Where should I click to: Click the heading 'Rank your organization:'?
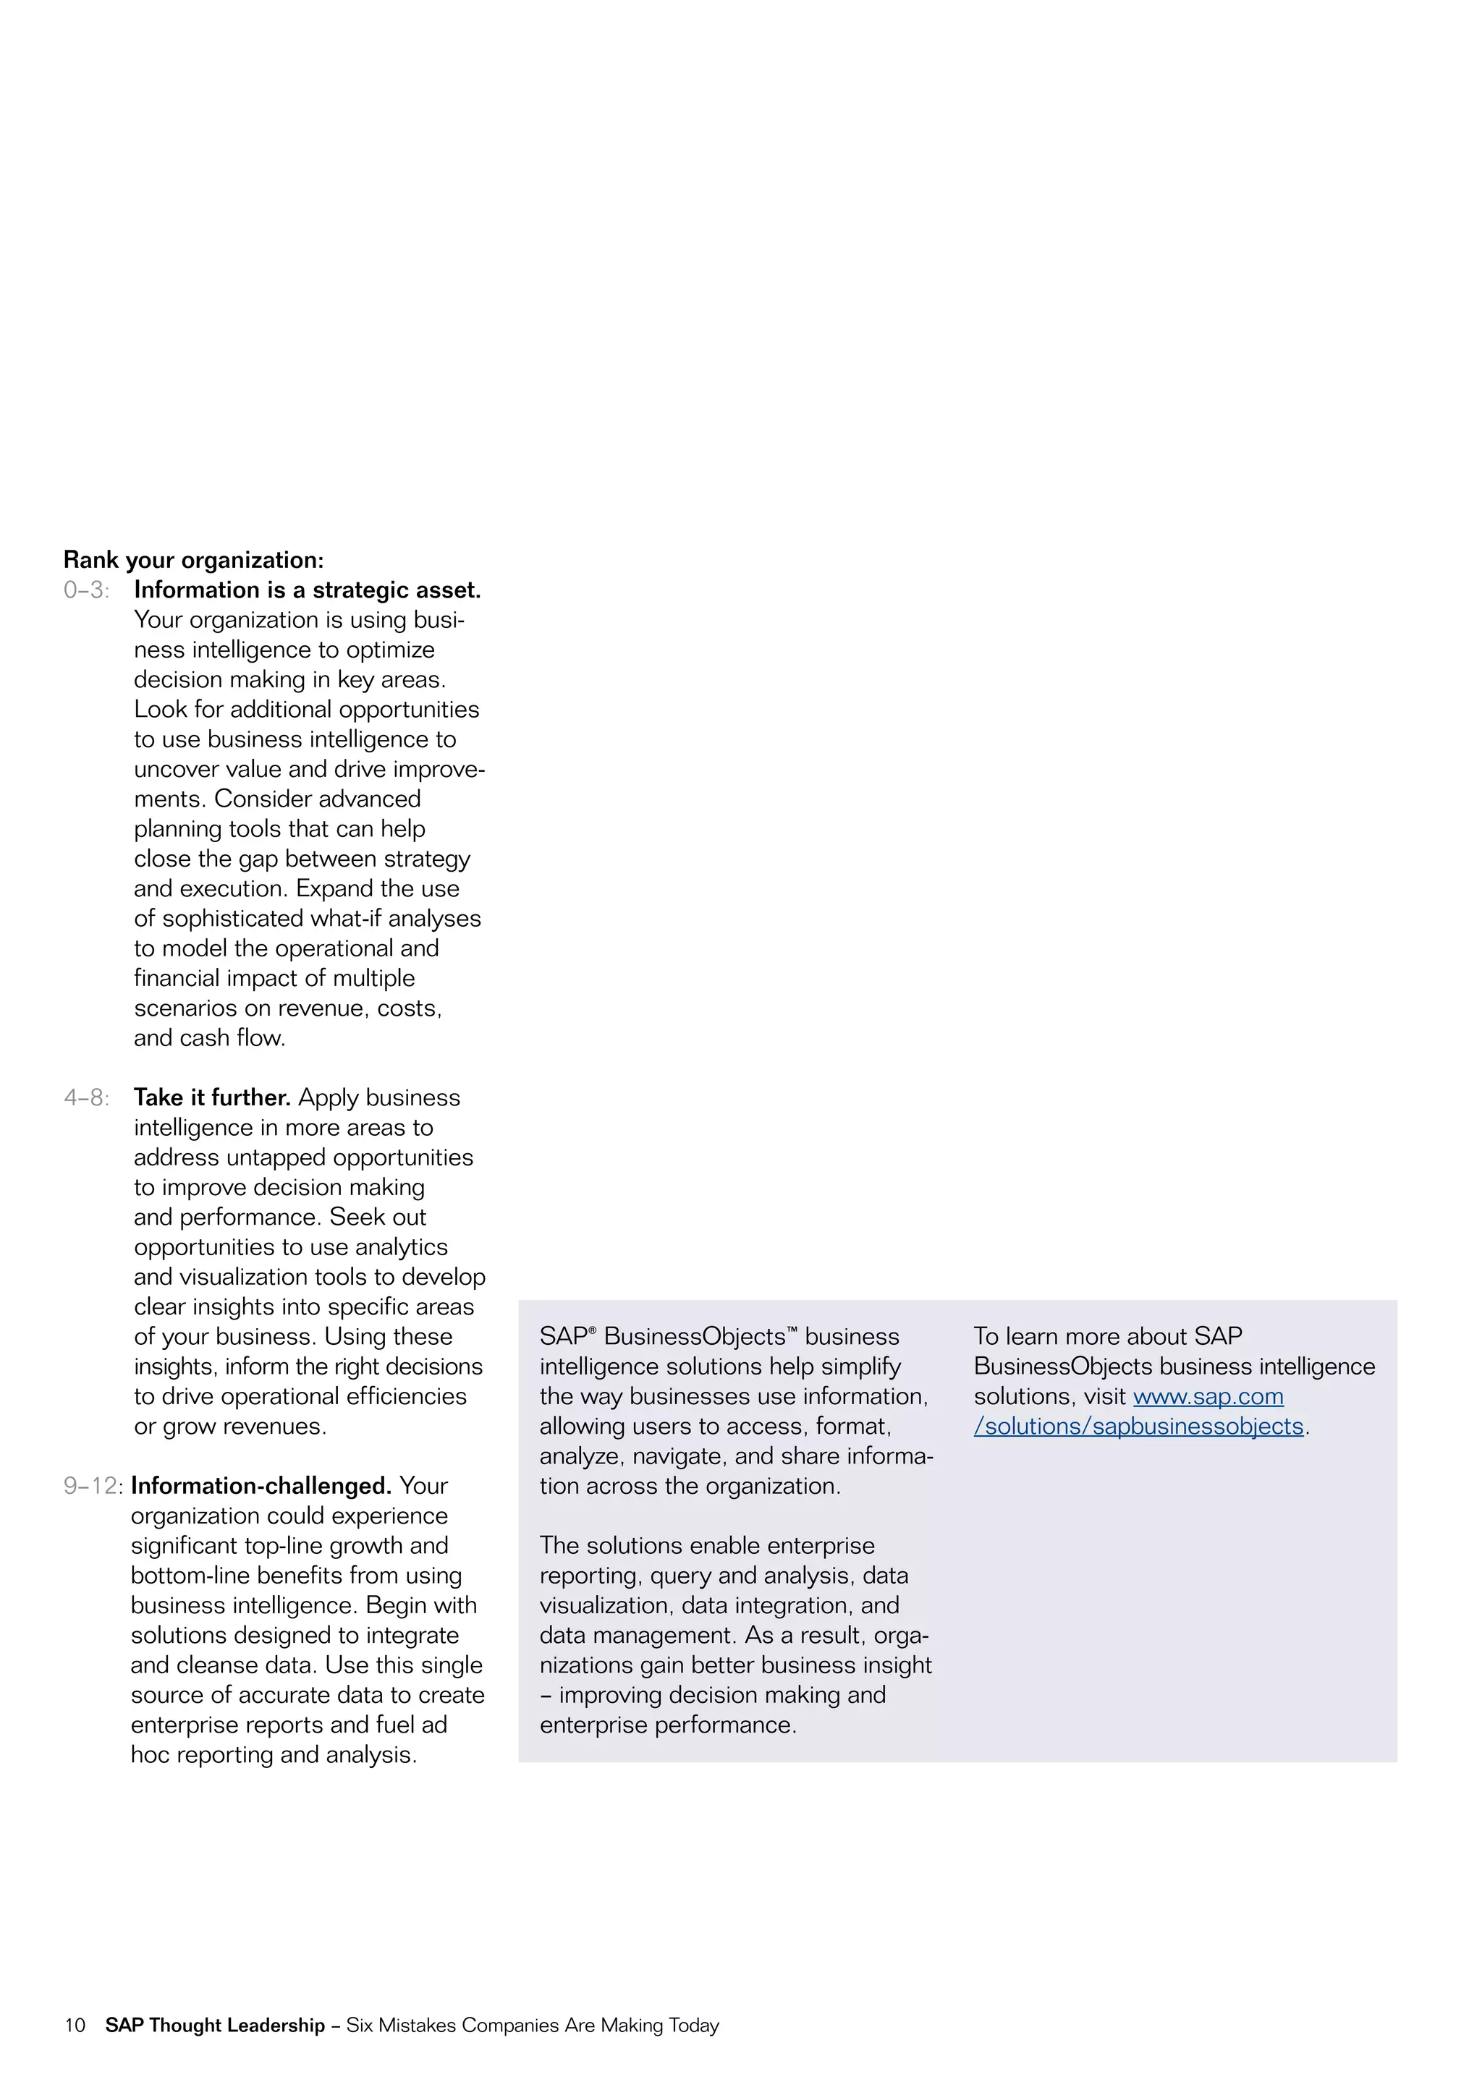click(x=193, y=559)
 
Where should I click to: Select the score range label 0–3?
click(x=86, y=590)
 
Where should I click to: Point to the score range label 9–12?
click(x=91, y=1487)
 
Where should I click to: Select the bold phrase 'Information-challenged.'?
click(x=261, y=1487)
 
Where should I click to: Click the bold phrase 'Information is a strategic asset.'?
click(x=307, y=590)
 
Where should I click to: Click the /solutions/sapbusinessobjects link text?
click(x=1138, y=1427)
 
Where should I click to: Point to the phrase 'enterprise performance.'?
click(x=668, y=1725)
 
